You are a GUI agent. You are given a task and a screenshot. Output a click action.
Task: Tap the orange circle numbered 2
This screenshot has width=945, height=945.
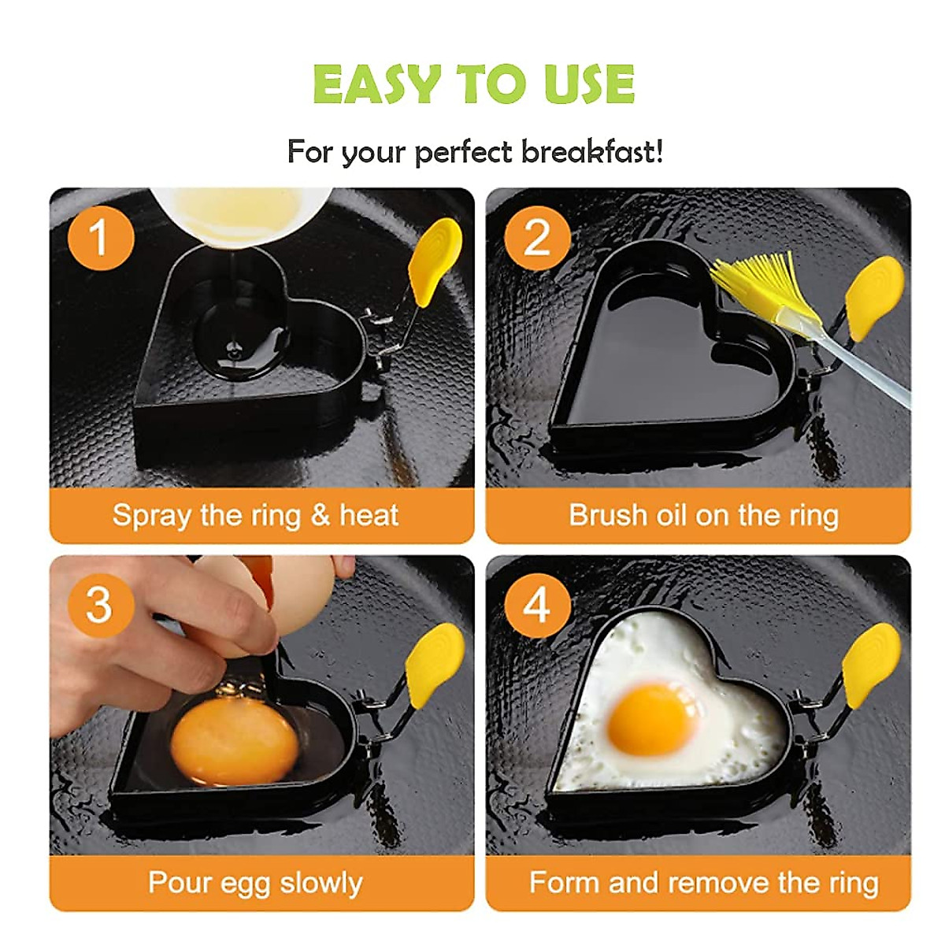(537, 237)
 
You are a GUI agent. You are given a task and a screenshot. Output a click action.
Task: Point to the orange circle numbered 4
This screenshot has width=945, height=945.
(537, 605)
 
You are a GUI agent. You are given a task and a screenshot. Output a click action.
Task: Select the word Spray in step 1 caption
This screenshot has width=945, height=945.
(152, 516)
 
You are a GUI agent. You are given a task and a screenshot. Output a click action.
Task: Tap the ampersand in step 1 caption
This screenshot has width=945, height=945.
(320, 516)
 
